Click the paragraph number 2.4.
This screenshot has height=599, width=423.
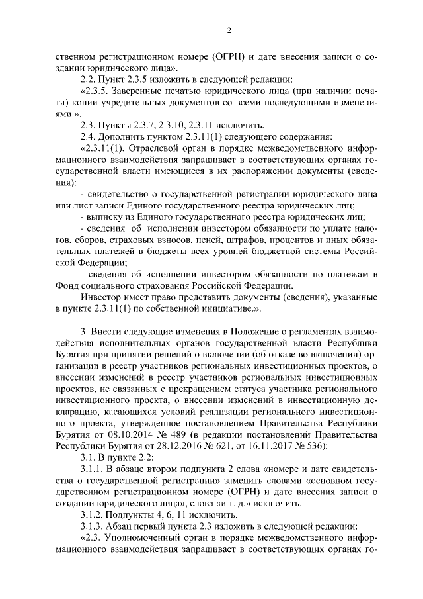89,136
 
